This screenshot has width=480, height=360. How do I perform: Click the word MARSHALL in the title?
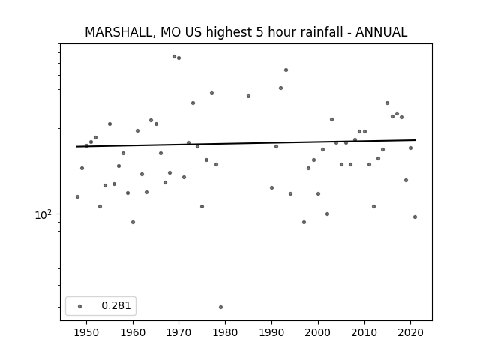[x=118, y=32]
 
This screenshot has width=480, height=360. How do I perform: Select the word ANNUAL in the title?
[x=382, y=32]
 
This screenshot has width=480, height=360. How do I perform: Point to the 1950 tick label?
[x=87, y=332]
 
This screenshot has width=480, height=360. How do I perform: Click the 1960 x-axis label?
[x=133, y=332]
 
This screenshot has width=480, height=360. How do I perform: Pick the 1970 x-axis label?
[x=179, y=332]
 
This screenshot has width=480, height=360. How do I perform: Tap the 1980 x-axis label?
[x=225, y=332]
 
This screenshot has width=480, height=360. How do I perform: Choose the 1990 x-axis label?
[x=271, y=332]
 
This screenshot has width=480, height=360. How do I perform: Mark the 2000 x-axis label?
[x=318, y=332]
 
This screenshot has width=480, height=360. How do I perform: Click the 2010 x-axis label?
[x=364, y=332]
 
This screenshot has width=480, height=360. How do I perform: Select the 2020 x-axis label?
[x=410, y=332]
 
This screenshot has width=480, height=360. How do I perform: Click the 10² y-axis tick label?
[x=43, y=215]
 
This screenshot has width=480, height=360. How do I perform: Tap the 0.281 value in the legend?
[x=116, y=305]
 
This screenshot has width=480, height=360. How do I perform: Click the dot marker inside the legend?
[x=80, y=306]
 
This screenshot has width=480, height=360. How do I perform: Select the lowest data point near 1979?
[x=220, y=307]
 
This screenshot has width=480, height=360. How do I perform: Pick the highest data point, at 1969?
[x=174, y=57]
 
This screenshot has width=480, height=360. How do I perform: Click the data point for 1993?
[x=286, y=70]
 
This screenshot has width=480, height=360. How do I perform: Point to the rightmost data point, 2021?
[x=415, y=217]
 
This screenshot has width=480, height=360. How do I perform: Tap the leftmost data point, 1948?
[x=77, y=196]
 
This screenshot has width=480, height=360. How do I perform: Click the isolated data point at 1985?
[x=248, y=95]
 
